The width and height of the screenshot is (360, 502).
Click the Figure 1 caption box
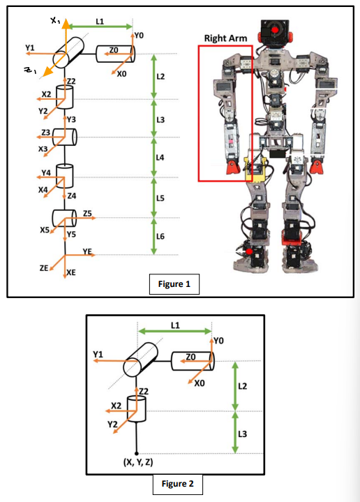click(x=175, y=284)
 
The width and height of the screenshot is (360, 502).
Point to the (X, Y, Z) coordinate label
click(x=137, y=462)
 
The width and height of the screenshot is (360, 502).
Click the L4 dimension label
click(x=160, y=158)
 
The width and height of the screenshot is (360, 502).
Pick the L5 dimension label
click(x=160, y=198)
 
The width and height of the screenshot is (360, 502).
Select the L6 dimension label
click(x=160, y=236)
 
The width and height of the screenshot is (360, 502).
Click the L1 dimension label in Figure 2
click(x=175, y=325)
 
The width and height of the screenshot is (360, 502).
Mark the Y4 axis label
click(x=46, y=172)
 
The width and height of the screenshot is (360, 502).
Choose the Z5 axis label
click(x=87, y=212)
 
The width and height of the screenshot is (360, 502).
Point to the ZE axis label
click(x=44, y=267)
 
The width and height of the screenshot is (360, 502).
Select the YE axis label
click(x=87, y=251)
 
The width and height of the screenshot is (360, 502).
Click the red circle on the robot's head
click(x=276, y=30)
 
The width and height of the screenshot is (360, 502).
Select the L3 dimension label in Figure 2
click(x=243, y=434)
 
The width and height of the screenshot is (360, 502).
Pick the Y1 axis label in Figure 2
click(x=98, y=355)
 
